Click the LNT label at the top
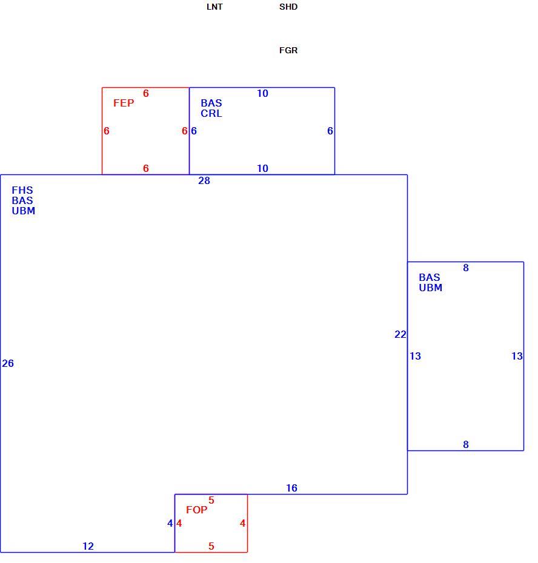tap(214, 7)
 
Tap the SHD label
tap(288, 7)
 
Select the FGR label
tap(288, 50)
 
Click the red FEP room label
tap(124, 103)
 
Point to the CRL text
tap(211, 113)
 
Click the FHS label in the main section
tap(22, 190)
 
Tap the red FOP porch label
tap(196, 510)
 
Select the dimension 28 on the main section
tap(204, 180)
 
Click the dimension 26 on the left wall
tap(8, 363)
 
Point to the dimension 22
tap(400, 334)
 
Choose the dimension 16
tap(292, 488)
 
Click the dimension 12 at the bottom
tap(88, 546)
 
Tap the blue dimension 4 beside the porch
tap(170, 523)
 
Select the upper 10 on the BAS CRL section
tap(263, 93)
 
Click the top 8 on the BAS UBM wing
tap(466, 268)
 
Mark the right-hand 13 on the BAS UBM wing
tap(517, 356)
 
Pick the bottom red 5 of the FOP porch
tap(211, 546)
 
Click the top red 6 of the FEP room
tap(145, 93)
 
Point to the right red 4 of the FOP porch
tap(242, 523)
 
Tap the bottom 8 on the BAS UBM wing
tap(466, 444)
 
